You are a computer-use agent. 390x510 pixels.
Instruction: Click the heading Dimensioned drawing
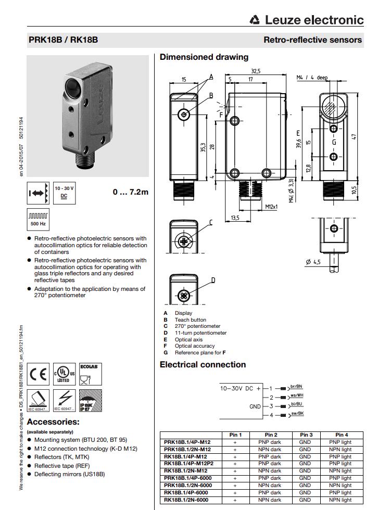[204, 57]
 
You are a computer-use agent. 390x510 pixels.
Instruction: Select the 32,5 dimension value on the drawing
[255, 71]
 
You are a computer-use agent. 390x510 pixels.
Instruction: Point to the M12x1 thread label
[271, 207]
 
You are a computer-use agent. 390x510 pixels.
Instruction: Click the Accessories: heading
[53, 422]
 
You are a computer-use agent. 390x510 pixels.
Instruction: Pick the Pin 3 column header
[305, 435]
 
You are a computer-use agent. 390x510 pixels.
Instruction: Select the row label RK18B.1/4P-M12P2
[190, 464]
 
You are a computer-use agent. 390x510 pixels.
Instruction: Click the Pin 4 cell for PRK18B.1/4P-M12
[340, 442]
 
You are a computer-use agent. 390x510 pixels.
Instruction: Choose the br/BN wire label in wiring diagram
[296, 386]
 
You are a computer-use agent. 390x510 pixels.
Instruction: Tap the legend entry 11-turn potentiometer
[200, 333]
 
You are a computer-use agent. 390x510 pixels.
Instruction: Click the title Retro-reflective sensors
[312, 40]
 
